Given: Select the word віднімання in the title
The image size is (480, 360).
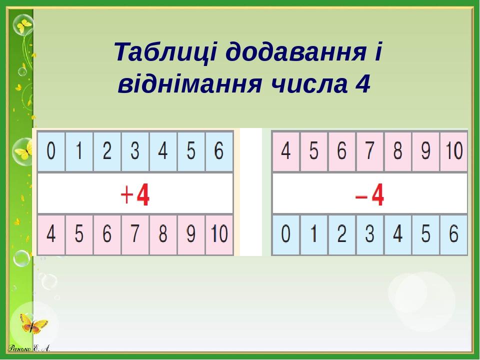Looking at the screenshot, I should tap(189, 85).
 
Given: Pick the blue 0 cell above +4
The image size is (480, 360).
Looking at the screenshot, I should tap(51, 151).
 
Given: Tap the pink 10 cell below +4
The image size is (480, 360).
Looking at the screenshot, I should tap(219, 234).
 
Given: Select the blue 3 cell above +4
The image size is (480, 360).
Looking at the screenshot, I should tap(135, 151).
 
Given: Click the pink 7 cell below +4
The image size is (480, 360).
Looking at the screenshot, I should tap(135, 234).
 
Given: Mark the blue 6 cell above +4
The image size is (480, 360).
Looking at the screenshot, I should tap(219, 151).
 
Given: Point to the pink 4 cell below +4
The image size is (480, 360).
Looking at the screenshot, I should tap(51, 234).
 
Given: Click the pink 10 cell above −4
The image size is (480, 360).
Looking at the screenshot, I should tap(453, 151).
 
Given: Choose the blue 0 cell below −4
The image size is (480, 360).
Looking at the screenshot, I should tap(285, 234).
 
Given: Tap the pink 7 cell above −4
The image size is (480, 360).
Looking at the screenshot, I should tap(369, 151).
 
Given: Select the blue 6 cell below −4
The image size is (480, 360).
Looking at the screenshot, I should tap(453, 234).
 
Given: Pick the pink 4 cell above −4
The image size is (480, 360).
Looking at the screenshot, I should tap(285, 151).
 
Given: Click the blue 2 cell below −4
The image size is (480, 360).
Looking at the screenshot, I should tap(341, 234).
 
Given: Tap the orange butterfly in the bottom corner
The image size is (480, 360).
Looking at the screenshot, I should tap(34, 324).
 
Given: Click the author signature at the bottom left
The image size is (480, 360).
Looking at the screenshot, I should tap(29, 348).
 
